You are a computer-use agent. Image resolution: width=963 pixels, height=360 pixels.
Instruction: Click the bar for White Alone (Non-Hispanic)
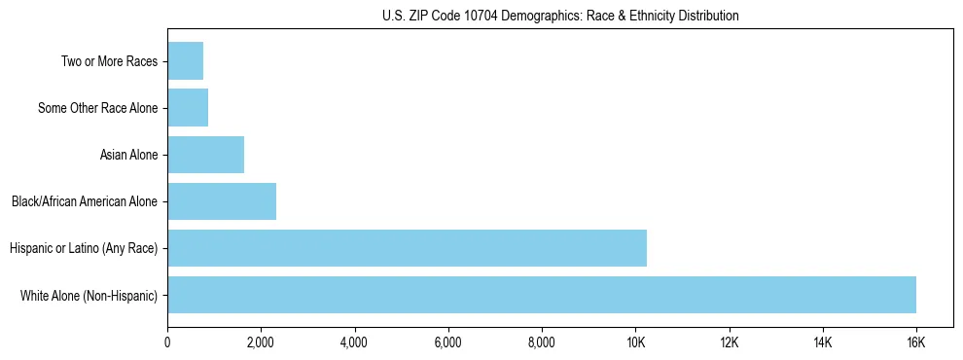point(542,295)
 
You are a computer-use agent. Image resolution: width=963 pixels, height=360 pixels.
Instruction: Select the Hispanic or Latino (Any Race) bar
point(407,248)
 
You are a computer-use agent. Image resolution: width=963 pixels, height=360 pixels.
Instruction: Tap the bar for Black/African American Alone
point(222,201)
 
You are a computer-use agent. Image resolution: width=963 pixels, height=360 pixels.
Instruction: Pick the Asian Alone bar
point(205,155)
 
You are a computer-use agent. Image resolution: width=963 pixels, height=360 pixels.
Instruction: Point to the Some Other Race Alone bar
point(188,108)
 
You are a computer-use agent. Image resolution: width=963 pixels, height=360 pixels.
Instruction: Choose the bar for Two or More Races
point(185,61)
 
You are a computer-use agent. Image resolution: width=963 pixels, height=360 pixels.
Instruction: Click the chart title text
point(560,17)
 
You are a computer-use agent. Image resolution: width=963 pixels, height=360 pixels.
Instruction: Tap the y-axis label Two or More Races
point(109,61)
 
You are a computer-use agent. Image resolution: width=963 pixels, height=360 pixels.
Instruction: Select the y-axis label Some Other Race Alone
point(97,108)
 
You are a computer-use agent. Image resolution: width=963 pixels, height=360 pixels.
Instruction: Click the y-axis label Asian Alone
point(128,155)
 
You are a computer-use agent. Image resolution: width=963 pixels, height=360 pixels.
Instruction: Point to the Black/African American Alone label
point(85,201)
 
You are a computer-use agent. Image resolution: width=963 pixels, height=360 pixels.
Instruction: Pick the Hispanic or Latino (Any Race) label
point(84,248)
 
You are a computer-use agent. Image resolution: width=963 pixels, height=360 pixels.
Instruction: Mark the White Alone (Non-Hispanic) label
point(89,295)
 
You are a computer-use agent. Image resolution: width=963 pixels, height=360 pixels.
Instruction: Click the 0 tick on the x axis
point(167,342)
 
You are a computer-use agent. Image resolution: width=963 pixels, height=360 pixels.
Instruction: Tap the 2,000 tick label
point(261,342)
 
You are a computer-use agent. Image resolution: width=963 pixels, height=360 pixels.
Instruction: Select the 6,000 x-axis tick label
point(447,342)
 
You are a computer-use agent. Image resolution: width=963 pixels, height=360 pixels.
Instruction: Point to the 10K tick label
point(635,342)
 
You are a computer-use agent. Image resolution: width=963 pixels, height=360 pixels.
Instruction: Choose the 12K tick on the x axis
point(729,342)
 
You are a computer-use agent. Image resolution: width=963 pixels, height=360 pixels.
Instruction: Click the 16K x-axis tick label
point(916,342)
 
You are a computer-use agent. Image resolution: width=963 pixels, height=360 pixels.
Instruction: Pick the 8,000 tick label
point(542,342)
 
